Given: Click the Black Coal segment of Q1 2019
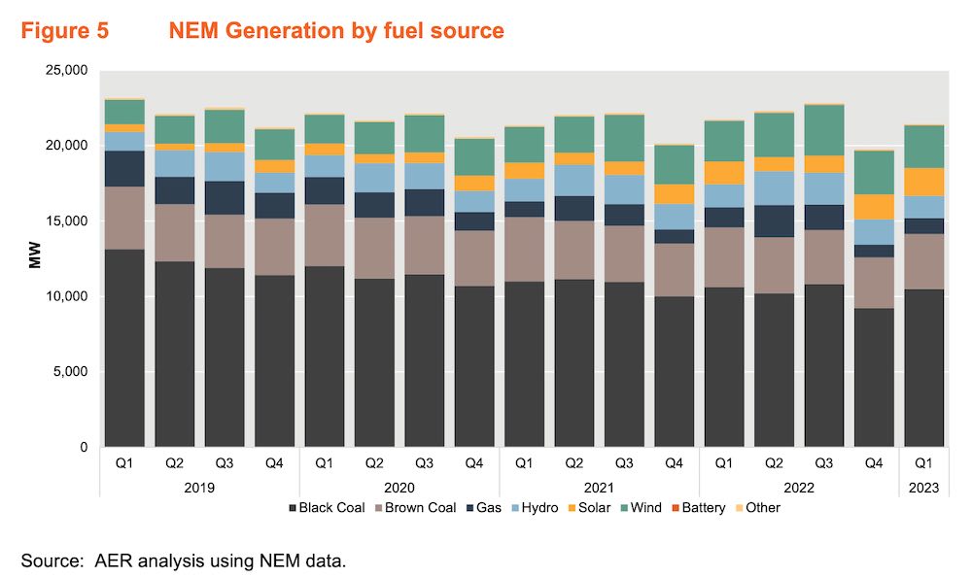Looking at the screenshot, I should click(124, 348).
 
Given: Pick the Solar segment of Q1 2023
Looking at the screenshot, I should click(924, 182).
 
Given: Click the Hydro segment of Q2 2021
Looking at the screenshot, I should click(574, 180).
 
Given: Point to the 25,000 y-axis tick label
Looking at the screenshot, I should click(66, 71).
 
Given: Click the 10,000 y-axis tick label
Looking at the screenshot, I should click(66, 296).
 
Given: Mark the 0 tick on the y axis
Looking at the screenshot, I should click(84, 448).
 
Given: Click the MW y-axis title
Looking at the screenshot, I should click(36, 258).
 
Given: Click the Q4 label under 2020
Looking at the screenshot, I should click(474, 464).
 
